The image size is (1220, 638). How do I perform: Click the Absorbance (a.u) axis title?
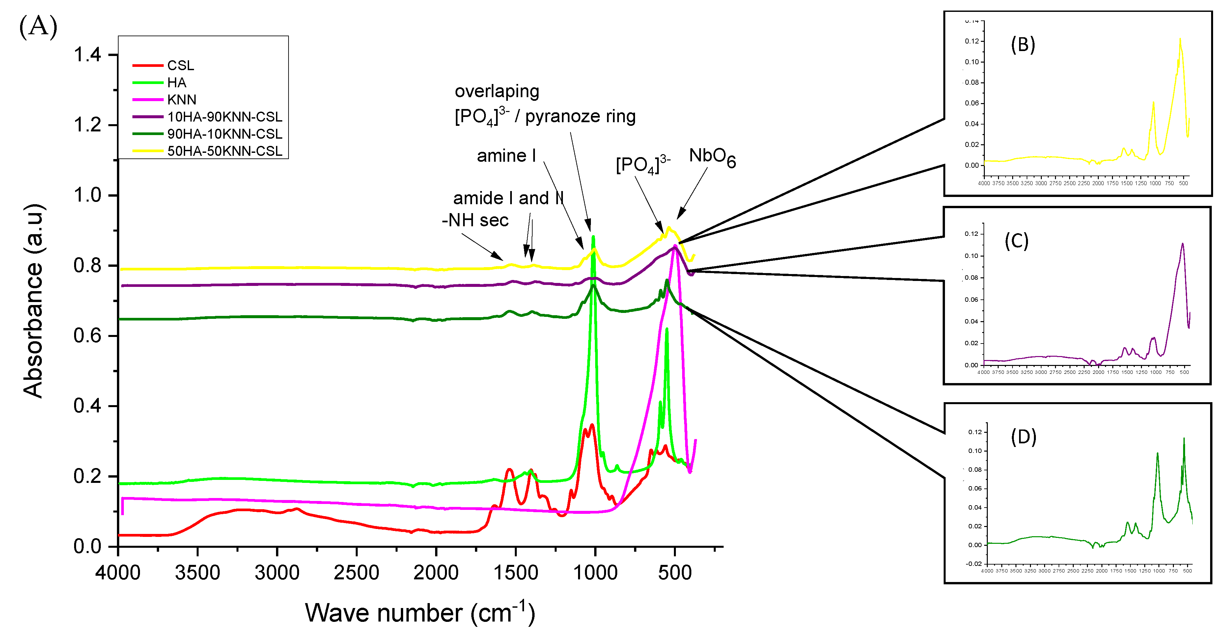click(33, 301)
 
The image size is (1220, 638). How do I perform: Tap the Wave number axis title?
click(420, 613)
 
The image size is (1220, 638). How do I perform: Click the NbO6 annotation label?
click(712, 157)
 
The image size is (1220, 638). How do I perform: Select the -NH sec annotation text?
click(475, 220)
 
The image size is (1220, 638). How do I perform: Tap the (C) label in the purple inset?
click(1016, 241)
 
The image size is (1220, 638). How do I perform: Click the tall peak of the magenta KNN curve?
click(675, 246)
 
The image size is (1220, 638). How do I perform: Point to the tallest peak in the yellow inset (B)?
click(1180, 39)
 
